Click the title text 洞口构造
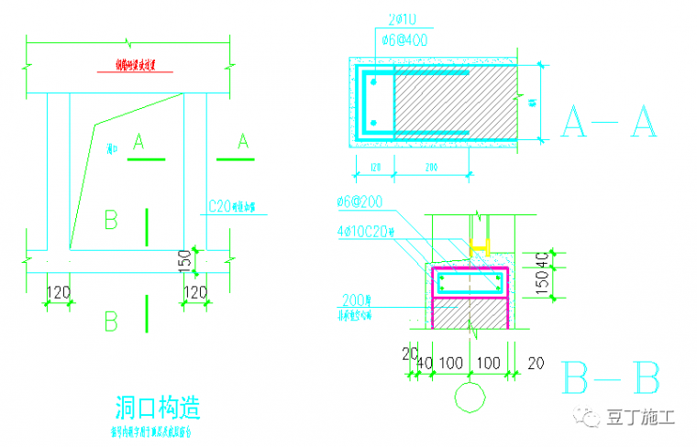point(158,405)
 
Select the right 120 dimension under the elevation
point(194,292)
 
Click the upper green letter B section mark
point(112,221)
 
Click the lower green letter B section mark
point(112,322)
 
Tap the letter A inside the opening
point(139,141)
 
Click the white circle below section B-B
point(470,398)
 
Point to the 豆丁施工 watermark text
point(639,418)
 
